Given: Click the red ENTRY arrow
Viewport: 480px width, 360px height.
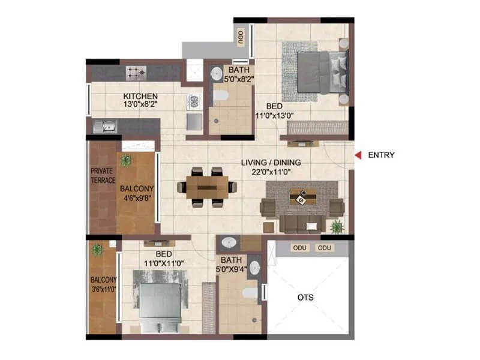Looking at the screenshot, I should [358, 155].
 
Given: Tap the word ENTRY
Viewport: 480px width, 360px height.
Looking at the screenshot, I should [381, 155].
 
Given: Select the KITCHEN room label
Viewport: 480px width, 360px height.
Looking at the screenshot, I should [140, 96].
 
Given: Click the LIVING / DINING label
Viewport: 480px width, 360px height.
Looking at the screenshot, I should [271, 163].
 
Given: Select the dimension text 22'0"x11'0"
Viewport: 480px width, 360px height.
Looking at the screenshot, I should [271, 172].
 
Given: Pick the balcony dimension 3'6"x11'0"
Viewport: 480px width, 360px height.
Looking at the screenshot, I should [104, 289].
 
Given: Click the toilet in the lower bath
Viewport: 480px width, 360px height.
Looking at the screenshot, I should [251, 292].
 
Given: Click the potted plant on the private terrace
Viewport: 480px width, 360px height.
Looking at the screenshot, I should [125, 160].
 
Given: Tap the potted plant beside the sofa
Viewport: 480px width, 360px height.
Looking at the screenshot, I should [337, 227].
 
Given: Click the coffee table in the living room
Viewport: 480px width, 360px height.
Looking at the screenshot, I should [303, 196].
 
